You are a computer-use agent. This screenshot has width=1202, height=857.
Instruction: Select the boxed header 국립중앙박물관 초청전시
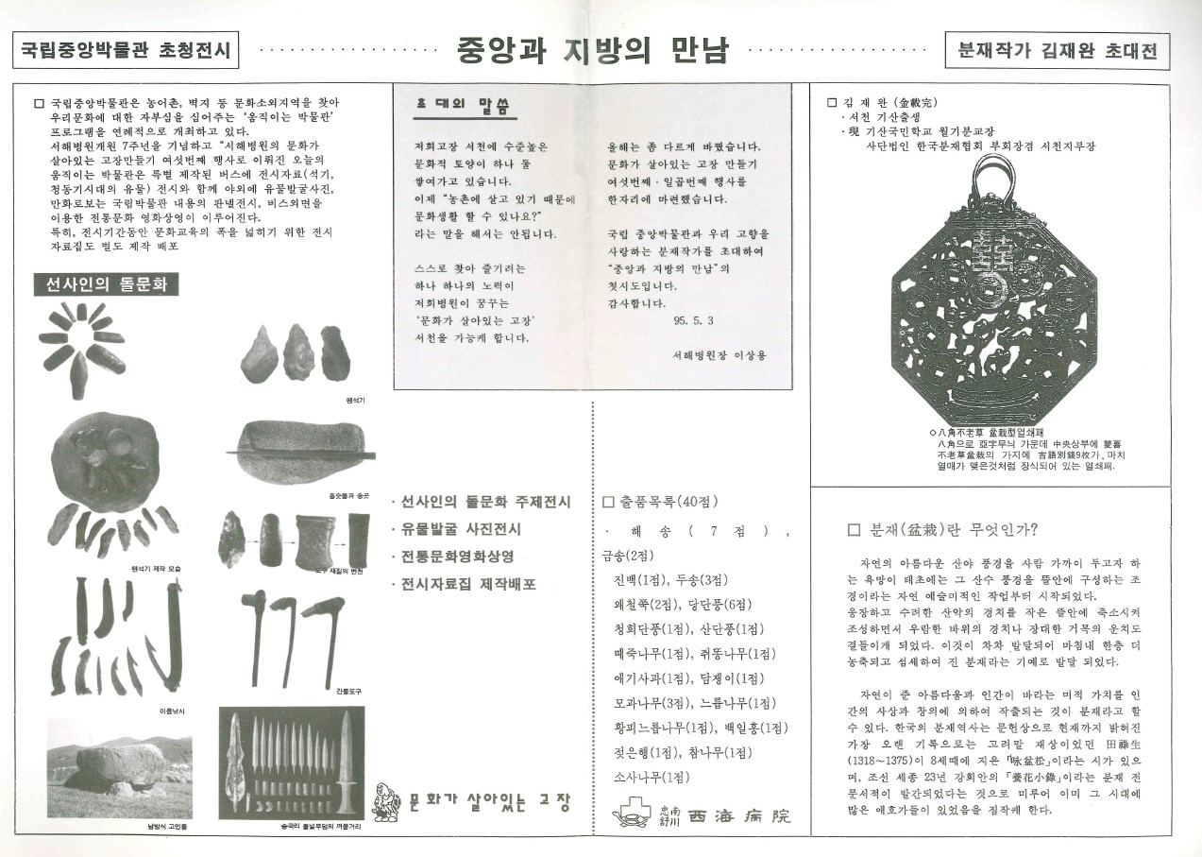tap(127, 51)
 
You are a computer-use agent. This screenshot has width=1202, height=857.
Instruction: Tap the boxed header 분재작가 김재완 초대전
tap(1057, 51)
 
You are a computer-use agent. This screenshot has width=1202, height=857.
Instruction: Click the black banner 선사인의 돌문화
tap(107, 285)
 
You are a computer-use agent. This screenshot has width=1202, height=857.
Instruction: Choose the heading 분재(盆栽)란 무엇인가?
tap(949, 529)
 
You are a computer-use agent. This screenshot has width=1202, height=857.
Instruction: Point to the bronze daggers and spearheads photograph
tap(292, 764)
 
